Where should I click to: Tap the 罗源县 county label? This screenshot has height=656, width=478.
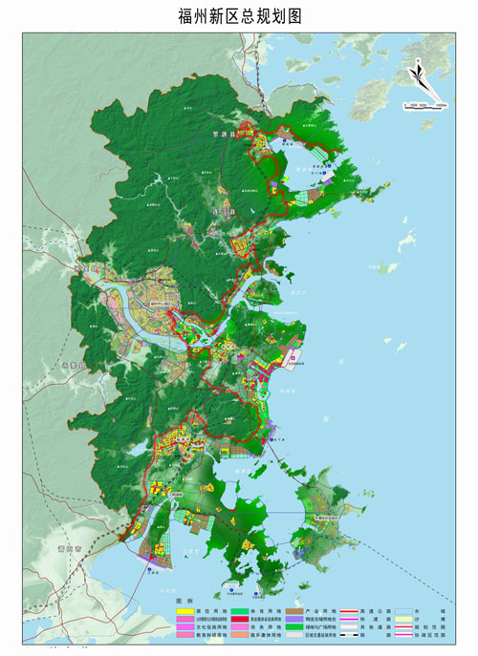click(223, 135)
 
